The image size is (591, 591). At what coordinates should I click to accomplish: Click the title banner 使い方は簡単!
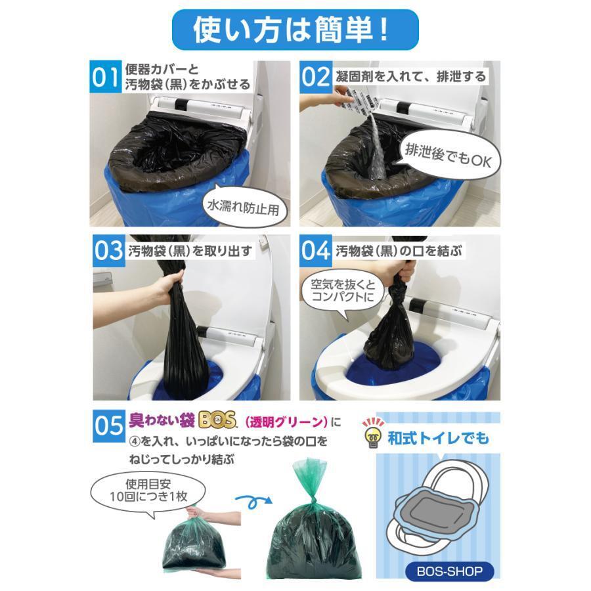pyautogui.click(x=295, y=30)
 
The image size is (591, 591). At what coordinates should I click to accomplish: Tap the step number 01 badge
pyautogui.click(x=106, y=77)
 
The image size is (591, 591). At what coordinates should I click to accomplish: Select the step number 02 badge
pyautogui.click(x=316, y=77)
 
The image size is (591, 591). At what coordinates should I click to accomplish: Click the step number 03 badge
pyautogui.click(x=109, y=251)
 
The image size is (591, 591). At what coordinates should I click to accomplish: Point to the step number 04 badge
pyautogui.click(x=316, y=251)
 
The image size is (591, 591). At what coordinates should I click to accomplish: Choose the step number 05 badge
pyautogui.click(x=109, y=426)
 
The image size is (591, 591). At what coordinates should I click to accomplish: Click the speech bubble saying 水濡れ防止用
pyautogui.click(x=244, y=207)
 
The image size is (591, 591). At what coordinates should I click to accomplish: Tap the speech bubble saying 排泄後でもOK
pyautogui.click(x=447, y=156)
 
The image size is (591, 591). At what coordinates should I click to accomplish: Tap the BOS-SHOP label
pyautogui.click(x=450, y=571)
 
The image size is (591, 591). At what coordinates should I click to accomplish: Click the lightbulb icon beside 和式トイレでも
pyautogui.click(x=373, y=433)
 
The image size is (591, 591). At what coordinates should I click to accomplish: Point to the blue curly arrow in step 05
pyautogui.click(x=253, y=502)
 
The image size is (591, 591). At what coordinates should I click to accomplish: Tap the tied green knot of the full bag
pyautogui.click(x=312, y=500)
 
